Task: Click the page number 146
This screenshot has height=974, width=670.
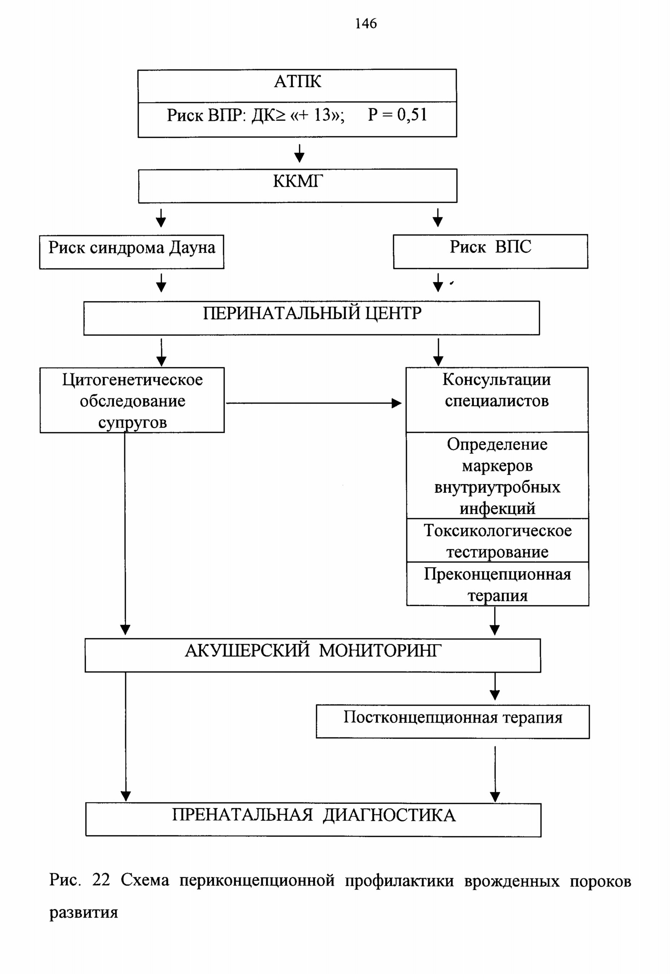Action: [366, 23]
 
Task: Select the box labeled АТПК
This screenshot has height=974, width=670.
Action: [297, 85]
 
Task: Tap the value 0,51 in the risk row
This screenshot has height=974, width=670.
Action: [412, 114]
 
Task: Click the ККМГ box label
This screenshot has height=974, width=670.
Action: [298, 181]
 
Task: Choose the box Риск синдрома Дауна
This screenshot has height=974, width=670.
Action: [131, 252]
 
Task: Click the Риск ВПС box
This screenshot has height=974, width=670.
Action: [490, 251]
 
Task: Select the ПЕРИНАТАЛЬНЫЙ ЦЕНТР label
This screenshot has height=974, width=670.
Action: [312, 313]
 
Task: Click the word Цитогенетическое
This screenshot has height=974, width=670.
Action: [132, 379]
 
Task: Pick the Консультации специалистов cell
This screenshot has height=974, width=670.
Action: [497, 400]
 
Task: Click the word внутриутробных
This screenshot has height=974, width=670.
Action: [497, 487]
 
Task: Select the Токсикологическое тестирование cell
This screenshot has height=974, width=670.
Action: [497, 540]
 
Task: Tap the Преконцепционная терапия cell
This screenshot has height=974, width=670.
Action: [497, 584]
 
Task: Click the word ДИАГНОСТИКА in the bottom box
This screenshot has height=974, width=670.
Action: [389, 815]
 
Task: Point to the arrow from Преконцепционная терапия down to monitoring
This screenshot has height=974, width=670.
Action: [495, 621]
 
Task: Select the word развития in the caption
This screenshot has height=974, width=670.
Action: [83, 913]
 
